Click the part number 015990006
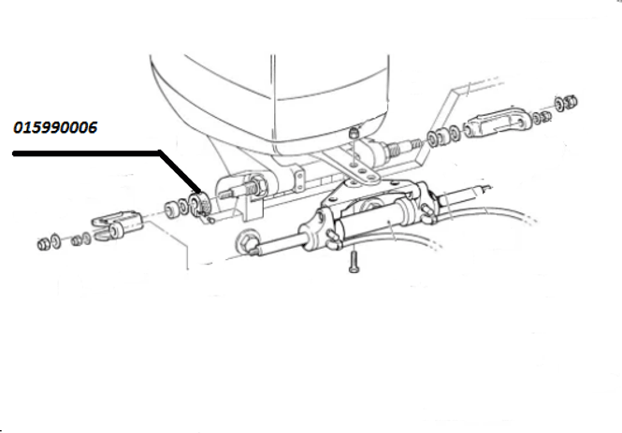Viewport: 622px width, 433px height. pyautogui.click(x=55, y=128)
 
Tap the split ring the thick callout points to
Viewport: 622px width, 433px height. pyautogui.click(x=199, y=205)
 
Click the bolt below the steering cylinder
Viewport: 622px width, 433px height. pyautogui.click(x=354, y=263)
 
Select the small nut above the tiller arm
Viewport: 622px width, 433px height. pyautogui.click(x=354, y=133)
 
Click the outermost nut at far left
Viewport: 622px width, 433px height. pyautogui.click(x=43, y=244)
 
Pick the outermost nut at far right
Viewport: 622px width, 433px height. pyautogui.click(x=571, y=102)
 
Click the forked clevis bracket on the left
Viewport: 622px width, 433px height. pyautogui.click(x=117, y=225)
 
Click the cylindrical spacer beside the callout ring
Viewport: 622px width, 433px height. pyautogui.click(x=171, y=209)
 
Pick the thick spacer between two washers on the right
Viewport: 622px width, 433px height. pyautogui.click(x=443, y=137)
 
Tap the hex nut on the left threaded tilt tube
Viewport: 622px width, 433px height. pyautogui.click(x=260, y=185)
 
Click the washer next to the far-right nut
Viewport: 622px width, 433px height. pyautogui.click(x=559, y=105)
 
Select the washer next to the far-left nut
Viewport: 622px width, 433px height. pyautogui.click(x=56, y=241)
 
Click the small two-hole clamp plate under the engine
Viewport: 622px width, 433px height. pyautogui.click(x=299, y=179)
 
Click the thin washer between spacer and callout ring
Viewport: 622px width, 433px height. pyautogui.click(x=183, y=206)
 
